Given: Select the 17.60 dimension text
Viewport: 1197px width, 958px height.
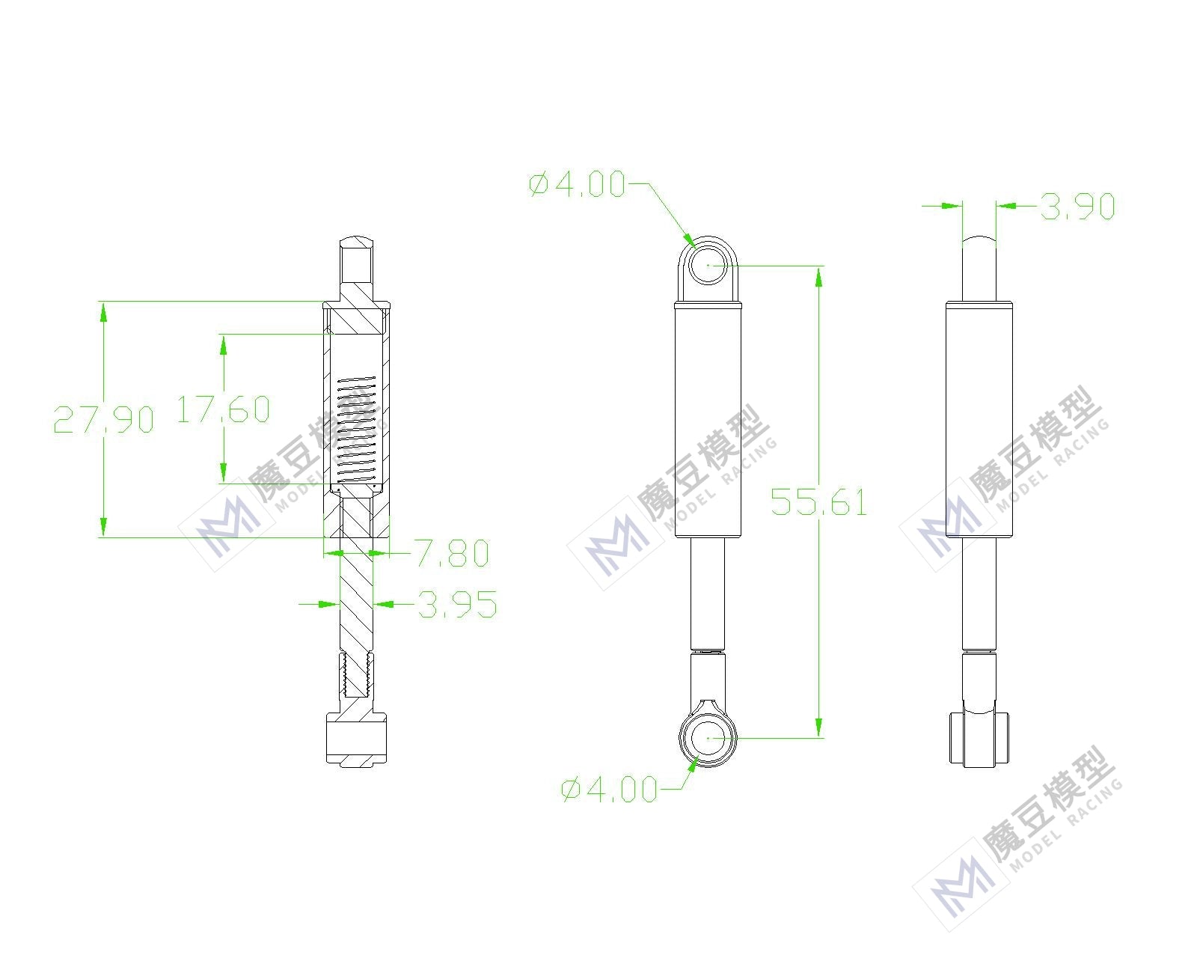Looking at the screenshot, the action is point(223,409).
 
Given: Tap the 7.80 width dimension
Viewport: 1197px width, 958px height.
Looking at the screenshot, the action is point(453,553).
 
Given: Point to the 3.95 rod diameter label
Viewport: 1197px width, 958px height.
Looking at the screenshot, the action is point(457,604).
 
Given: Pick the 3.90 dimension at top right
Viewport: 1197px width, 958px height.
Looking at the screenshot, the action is point(1077,206).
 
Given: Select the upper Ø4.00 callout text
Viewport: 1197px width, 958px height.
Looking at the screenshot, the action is point(577,184).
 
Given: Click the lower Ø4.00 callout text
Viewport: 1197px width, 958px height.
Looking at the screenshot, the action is point(609,789).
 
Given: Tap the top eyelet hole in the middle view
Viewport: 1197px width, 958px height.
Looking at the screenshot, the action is point(708,265).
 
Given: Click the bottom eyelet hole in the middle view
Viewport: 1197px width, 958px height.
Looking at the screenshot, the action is point(708,738).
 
